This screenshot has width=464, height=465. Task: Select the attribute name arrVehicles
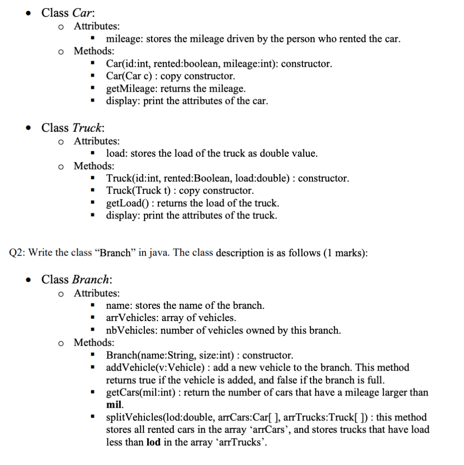(x=132, y=318)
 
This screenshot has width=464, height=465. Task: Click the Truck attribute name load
(x=117, y=153)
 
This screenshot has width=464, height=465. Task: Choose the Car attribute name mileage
(x=123, y=39)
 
